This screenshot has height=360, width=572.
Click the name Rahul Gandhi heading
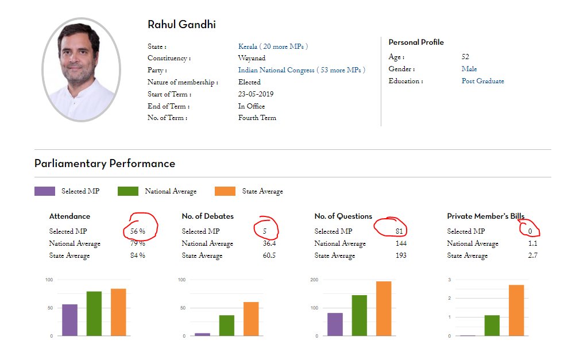pyautogui.click(x=181, y=25)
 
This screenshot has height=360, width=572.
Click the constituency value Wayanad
pyautogui.click(x=252, y=58)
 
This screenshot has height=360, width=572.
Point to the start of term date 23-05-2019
pyautogui.click(x=256, y=94)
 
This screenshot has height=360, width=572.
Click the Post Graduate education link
pyautogui.click(x=482, y=82)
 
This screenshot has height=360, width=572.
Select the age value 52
pyautogui.click(x=465, y=57)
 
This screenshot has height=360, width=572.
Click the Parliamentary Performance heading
pyautogui.click(x=105, y=164)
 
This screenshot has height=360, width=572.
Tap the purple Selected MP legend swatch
pyautogui.click(x=45, y=191)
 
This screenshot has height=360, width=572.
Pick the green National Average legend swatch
pyautogui.click(x=127, y=191)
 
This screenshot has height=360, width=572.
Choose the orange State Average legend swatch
pyautogui.click(x=225, y=191)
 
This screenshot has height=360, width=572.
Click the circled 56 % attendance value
pyautogui.click(x=138, y=231)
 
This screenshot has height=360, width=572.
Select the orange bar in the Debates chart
pyautogui.click(x=251, y=319)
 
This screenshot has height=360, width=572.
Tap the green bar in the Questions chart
pyautogui.click(x=360, y=315)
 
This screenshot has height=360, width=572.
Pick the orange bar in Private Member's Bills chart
pyautogui.click(x=516, y=310)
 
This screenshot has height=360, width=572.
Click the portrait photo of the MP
pyautogui.click(x=81, y=69)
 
